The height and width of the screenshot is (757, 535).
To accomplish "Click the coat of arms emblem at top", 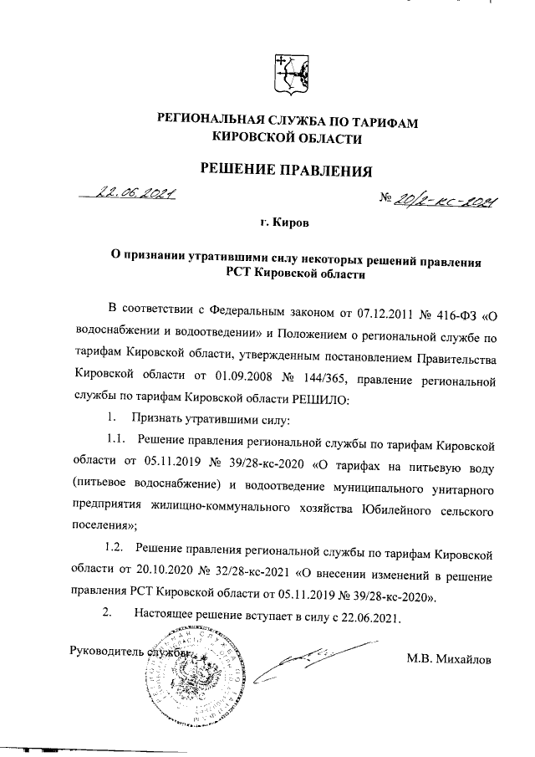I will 288,74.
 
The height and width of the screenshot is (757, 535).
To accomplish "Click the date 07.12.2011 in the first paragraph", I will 369,315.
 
